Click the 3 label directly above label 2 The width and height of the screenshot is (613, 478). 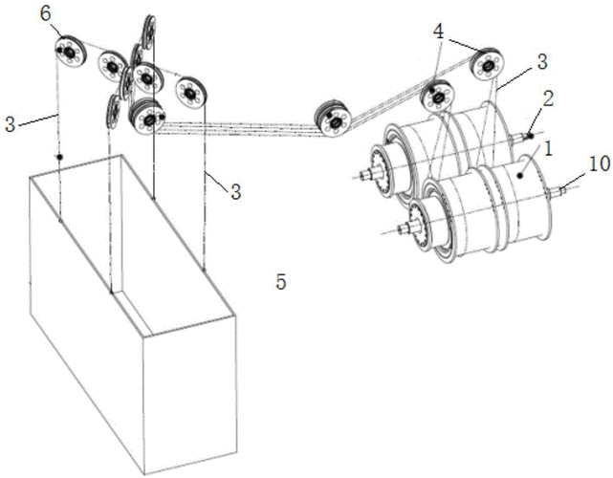point(540,60)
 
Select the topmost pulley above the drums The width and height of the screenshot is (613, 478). point(488,63)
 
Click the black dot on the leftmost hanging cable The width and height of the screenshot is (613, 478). point(59,157)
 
